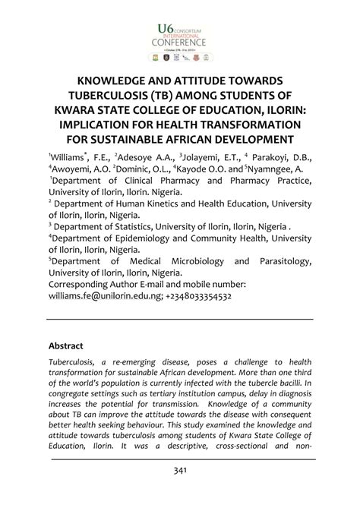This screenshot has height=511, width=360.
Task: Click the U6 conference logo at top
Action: tap(179, 38)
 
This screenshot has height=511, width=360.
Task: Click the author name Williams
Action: tap(71, 155)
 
